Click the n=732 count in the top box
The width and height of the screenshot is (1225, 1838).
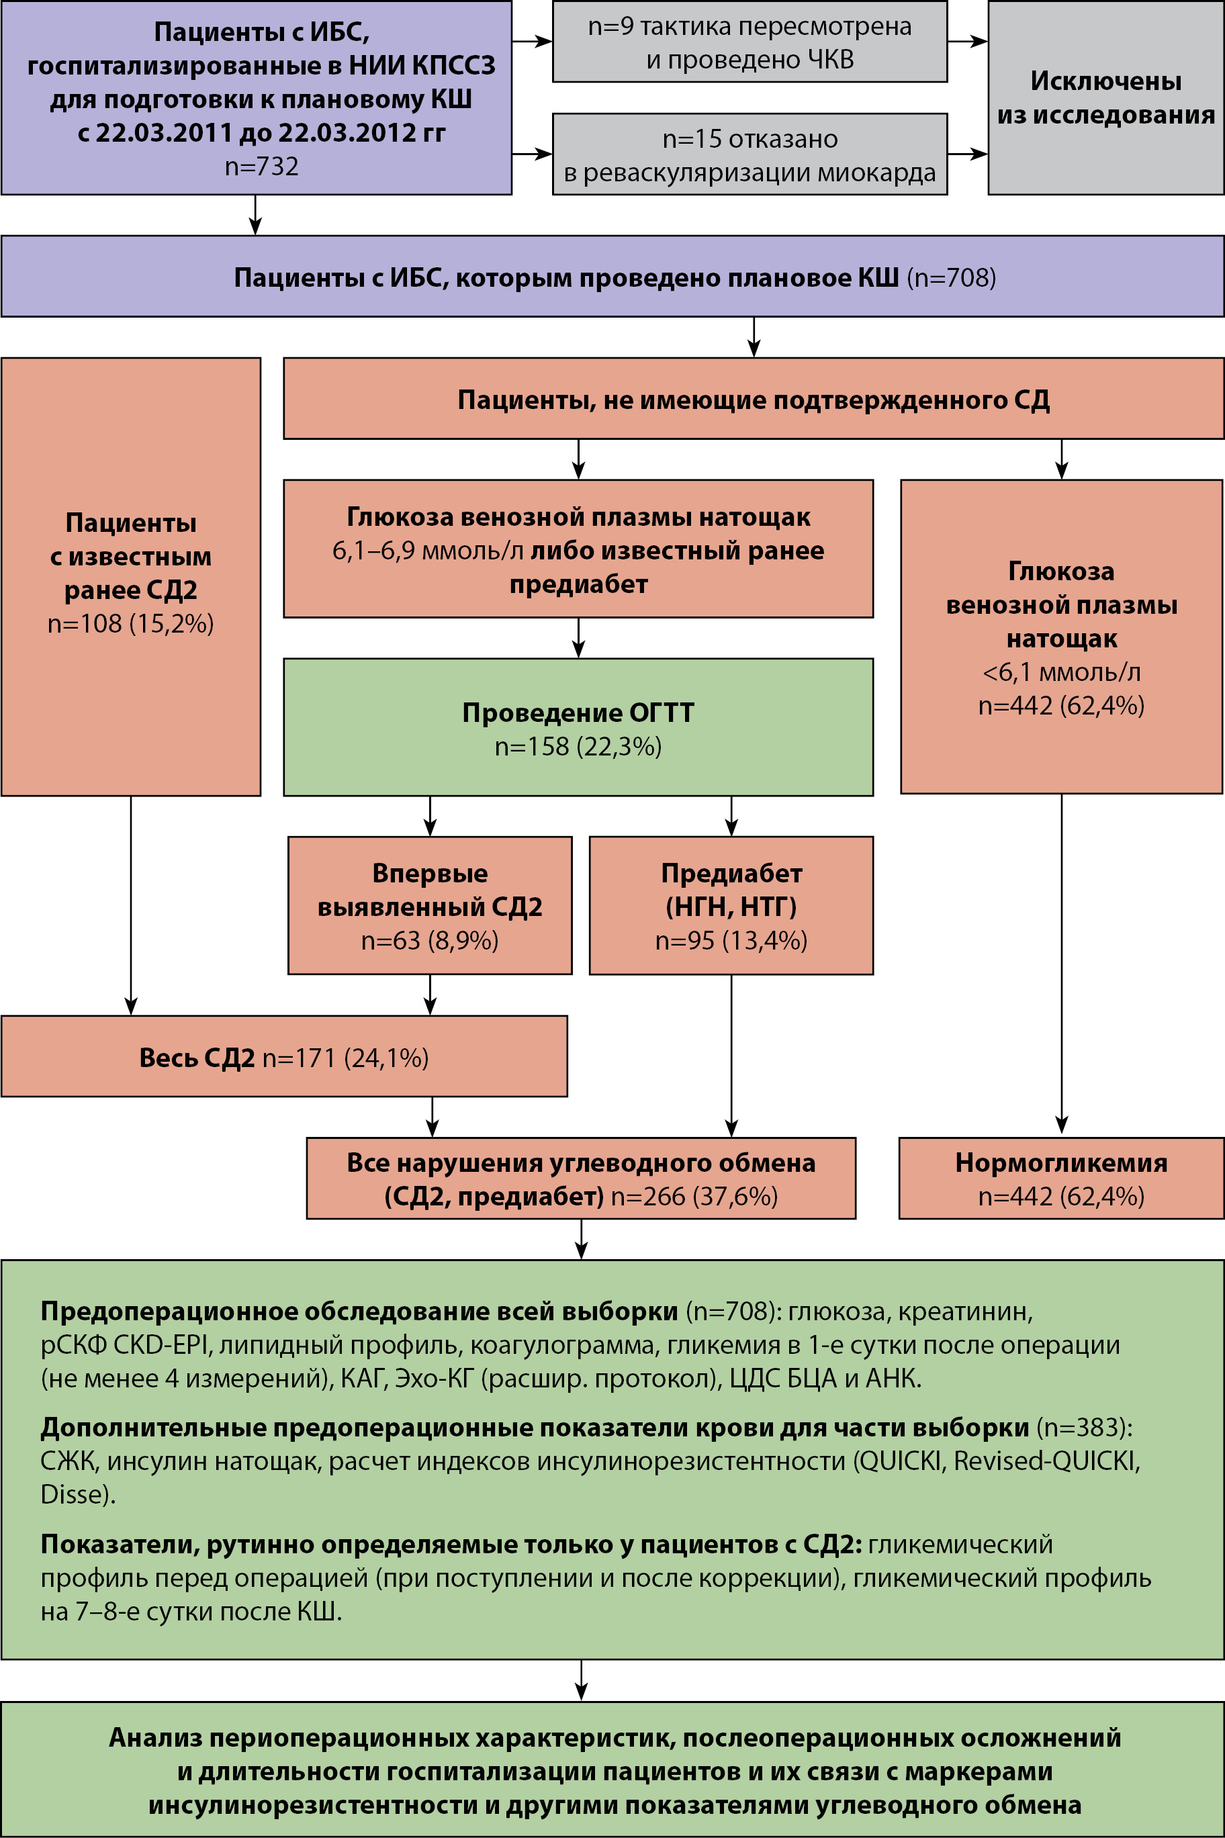[x=261, y=167]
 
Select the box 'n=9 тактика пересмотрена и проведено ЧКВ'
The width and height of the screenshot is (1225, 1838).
[x=750, y=42]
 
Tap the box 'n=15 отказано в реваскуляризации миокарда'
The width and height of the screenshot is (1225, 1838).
[x=750, y=154]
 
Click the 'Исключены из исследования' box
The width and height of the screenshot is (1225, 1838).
[x=1105, y=97]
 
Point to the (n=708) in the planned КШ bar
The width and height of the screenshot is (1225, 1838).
[x=951, y=278]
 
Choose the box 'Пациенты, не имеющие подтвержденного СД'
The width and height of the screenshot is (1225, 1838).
[x=752, y=399]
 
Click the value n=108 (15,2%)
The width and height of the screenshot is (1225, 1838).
[x=130, y=623]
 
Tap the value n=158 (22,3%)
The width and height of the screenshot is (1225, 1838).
[x=578, y=747]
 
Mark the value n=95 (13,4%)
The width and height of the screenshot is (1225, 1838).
[x=731, y=940]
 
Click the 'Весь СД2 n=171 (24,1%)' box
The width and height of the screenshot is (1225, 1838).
[x=283, y=1057]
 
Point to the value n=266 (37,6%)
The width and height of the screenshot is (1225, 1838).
[x=694, y=1197]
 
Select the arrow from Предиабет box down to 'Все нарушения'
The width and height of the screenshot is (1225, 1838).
[x=731, y=1054]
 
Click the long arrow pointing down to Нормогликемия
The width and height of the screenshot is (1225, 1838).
[x=1061, y=965]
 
